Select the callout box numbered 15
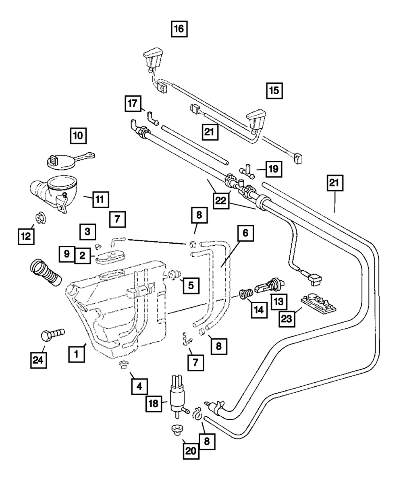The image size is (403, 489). point(274,91)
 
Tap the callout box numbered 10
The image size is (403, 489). point(78,136)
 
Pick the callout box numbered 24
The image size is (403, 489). point(38,360)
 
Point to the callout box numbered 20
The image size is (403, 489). point(191,451)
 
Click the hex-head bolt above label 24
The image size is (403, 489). point(52,334)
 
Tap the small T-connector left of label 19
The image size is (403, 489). point(246,172)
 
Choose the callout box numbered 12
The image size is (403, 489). point(25,236)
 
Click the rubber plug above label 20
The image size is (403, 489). point(175,430)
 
